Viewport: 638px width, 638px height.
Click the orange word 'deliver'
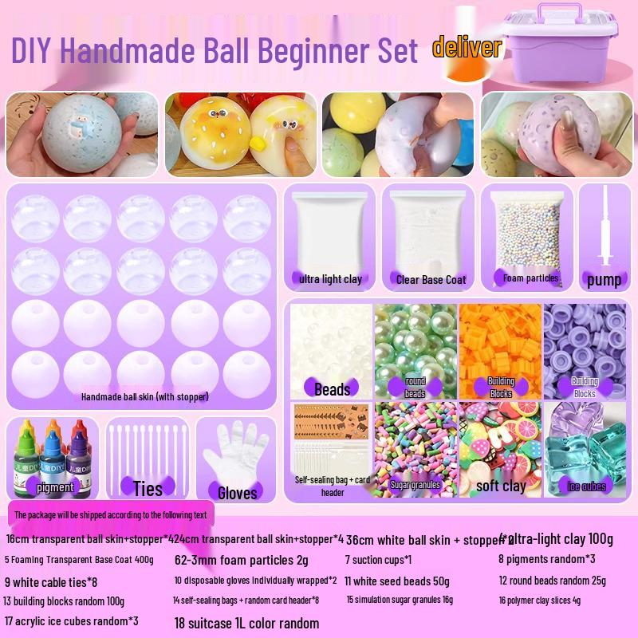pyautogui.click(x=467, y=47)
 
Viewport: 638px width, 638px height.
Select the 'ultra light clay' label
pyautogui.click(x=331, y=279)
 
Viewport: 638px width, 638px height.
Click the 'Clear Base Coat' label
pyautogui.click(x=431, y=279)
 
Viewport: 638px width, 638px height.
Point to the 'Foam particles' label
pyautogui.click(x=530, y=278)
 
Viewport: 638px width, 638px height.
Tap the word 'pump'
pyautogui.click(x=604, y=279)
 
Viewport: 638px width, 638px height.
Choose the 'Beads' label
pyautogui.click(x=332, y=389)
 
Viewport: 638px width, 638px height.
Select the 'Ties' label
pyautogui.click(x=148, y=488)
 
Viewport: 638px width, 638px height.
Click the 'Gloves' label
pyautogui.click(x=237, y=492)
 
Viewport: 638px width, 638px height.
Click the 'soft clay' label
pyautogui.click(x=501, y=485)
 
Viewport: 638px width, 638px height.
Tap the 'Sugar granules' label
pyautogui.click(x=415, y=484)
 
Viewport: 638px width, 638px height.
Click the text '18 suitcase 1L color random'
pyautogui.click(x=246, y=623)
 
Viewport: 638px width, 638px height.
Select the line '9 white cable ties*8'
pyautogui.click(x=51, y=581)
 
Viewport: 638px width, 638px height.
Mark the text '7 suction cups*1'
pyautogui.click(x=378, y=559)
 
